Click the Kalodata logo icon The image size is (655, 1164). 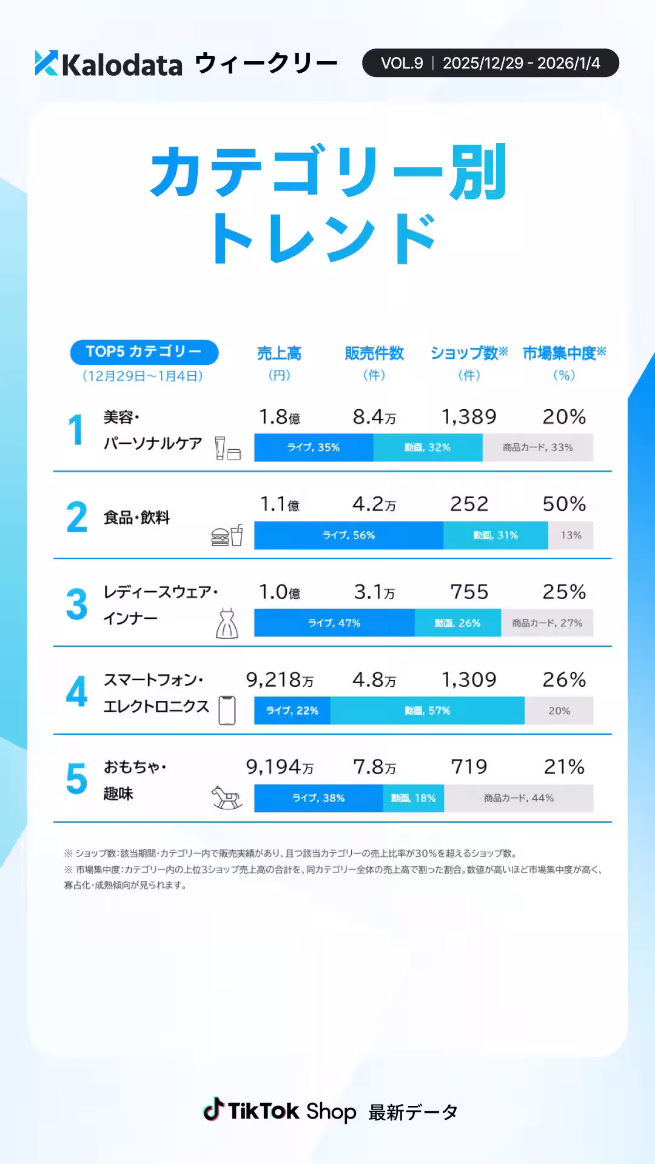(47, 63)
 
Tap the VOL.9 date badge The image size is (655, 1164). (490, 63)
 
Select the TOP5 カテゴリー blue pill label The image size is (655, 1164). (144, 352)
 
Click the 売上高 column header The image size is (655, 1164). (279, 353)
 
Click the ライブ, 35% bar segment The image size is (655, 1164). (314, 447)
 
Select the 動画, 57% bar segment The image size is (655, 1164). (428, 711)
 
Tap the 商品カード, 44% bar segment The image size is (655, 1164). (519, 798)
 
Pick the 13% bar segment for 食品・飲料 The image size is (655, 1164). (571, 535)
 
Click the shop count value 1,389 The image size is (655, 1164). (469, 417)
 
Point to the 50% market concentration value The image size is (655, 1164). (564, 504)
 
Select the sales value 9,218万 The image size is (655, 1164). (280, 680)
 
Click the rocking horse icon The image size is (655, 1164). (227, 797)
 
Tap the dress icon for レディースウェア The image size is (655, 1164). (227, 623)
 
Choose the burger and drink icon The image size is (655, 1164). (227, 535)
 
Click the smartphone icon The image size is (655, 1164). (227, 710)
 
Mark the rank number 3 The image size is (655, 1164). (77, 604)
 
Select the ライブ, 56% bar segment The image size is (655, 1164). (349, 535)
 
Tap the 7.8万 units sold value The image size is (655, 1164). (375, 768)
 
